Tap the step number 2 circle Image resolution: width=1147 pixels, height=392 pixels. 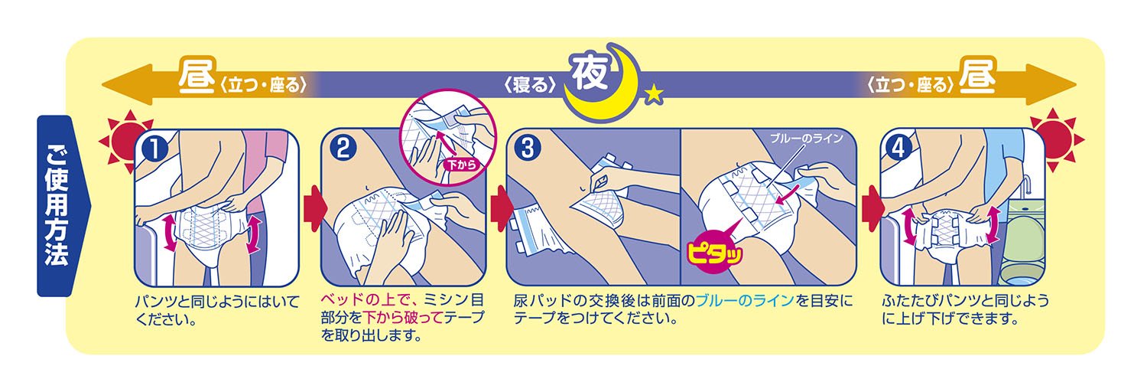(343, 149)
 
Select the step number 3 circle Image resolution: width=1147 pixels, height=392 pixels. (528, 149)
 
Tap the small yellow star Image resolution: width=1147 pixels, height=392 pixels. (653, 94)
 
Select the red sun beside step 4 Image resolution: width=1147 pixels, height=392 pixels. (1054, 139)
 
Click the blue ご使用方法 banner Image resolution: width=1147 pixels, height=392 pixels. (60, 206)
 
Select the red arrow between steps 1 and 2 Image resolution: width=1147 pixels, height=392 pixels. (315, 208)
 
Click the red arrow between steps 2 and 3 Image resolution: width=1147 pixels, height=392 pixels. (502, 208)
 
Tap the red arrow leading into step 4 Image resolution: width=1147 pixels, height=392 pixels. (873, 208)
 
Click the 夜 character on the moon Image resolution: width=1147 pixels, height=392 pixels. (590, 73)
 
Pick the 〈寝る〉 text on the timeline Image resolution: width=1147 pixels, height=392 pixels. (529, 84)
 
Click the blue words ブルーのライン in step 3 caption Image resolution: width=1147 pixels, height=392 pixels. (745, 300)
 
